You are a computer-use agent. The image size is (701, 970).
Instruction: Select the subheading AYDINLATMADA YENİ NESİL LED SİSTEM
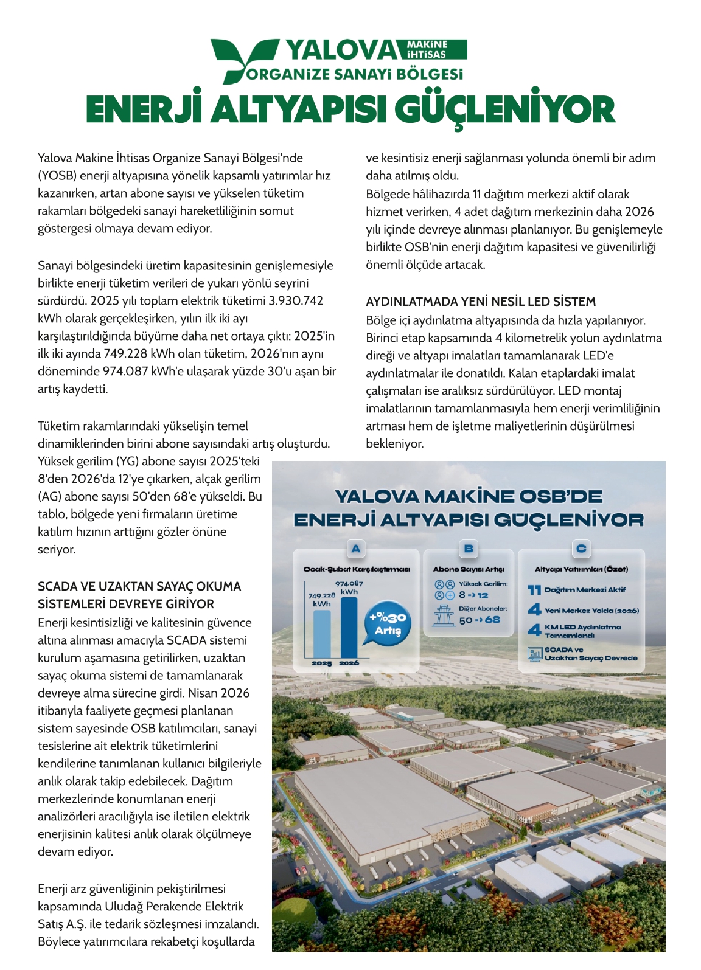[x=481, y=302]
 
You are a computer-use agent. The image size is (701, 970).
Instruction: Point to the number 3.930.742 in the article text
[x=296, y=300]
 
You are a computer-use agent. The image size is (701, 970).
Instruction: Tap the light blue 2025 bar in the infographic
[x=322, y=633]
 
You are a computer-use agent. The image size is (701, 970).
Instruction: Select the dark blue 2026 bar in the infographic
[x=349, y=627]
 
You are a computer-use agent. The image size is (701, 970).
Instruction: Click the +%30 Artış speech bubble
[x=386, y=625]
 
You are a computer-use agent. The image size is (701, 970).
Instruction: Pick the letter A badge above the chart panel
[x=356, y=549]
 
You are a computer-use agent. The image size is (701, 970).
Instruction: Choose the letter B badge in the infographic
[x=469, y=549]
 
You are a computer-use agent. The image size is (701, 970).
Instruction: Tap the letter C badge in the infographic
[x=581, y=549]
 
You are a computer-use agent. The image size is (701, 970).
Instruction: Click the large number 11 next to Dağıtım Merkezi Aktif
[x=534, y=590]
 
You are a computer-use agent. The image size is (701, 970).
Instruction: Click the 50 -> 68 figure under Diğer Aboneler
[x=480, y=620]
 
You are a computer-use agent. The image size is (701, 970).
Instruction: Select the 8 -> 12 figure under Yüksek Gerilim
[x=473, y=595]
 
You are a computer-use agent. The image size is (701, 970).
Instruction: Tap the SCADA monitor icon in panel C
[x=535, y=654]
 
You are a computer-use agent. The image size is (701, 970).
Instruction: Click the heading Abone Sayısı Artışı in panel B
[x=469, y=569]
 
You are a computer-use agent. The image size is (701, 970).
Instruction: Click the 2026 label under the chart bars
[x=349, y=663]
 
